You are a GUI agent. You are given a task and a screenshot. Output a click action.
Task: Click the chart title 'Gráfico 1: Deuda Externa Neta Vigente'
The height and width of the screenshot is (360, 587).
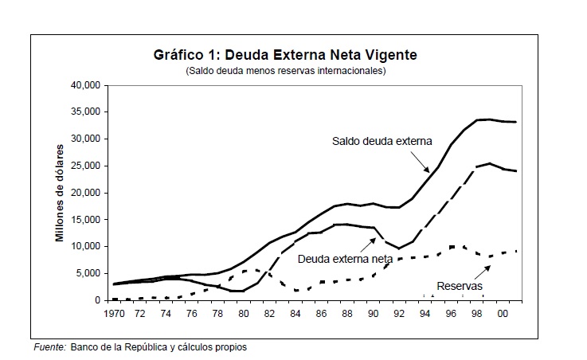click(x=284, y=56)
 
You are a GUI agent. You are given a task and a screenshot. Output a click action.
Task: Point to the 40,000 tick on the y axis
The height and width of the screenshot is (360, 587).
click(x=88, y=85)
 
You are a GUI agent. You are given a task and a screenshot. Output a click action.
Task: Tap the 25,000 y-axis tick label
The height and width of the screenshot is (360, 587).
click(x=88, y=166)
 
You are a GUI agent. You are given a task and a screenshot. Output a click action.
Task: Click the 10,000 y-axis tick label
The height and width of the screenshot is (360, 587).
click(x=88, y=246)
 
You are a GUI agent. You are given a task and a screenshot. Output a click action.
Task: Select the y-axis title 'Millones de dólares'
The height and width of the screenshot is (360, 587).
click(x=60, y=194)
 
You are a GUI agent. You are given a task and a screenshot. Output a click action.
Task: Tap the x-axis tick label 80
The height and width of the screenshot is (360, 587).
click(x=243, y=315)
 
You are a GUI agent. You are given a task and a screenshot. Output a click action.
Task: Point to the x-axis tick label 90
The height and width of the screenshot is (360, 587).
click(x=373, y=315)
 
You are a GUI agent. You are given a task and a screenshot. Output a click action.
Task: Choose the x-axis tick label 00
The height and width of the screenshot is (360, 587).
click(x=503, y=315)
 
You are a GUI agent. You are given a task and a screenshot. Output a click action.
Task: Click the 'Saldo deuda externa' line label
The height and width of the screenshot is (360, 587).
click(x=382, y=142)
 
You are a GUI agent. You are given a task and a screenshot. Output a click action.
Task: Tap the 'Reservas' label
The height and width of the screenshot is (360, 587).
click(x=459, y=284)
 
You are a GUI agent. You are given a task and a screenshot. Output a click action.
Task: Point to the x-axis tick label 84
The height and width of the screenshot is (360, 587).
click(x=295, y=315)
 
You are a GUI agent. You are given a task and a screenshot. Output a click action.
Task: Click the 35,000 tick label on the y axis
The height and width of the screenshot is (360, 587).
click(x=88, y=112)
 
